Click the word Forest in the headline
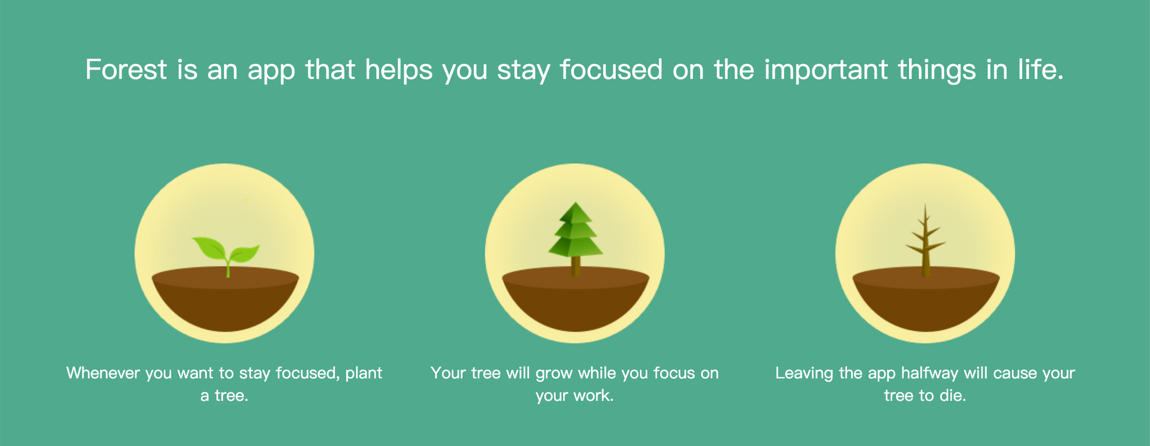126,70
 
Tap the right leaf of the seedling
244,253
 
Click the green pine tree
576,239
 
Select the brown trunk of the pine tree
576,266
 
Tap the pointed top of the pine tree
576,203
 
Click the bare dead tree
925,241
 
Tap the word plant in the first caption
363,373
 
